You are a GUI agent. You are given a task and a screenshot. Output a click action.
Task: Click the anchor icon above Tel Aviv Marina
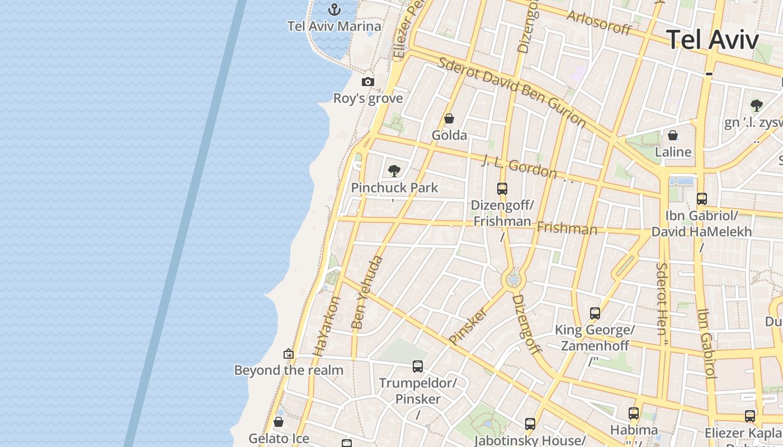(334, 9)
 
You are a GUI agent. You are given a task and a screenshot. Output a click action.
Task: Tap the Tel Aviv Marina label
(334, 26)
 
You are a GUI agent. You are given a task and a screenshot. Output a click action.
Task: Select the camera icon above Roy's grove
(367, 82)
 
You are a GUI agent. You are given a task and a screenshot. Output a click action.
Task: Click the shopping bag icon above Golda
(449, 118)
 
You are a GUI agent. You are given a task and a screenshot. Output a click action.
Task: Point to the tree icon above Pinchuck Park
(394, 171)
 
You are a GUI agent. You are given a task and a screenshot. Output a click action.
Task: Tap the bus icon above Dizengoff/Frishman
(502, 189)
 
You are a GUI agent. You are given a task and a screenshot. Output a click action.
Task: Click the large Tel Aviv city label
(713, 40)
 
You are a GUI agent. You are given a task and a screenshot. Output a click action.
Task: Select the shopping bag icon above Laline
(673, 135)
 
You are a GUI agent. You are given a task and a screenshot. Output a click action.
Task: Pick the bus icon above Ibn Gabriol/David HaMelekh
(701, 199)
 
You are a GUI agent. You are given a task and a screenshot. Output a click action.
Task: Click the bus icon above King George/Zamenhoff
(595, 313)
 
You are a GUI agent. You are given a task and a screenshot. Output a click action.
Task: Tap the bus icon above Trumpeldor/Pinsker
(418, 367)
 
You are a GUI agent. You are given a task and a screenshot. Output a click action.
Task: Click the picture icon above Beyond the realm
(289, 354)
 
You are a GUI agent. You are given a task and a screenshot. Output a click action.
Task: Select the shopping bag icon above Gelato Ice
(279, 422)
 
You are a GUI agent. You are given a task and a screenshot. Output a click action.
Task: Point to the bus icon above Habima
(633, 413)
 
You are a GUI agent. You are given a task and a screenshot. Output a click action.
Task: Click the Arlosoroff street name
(598, 22)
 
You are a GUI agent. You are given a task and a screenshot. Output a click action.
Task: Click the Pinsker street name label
(468, 326)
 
